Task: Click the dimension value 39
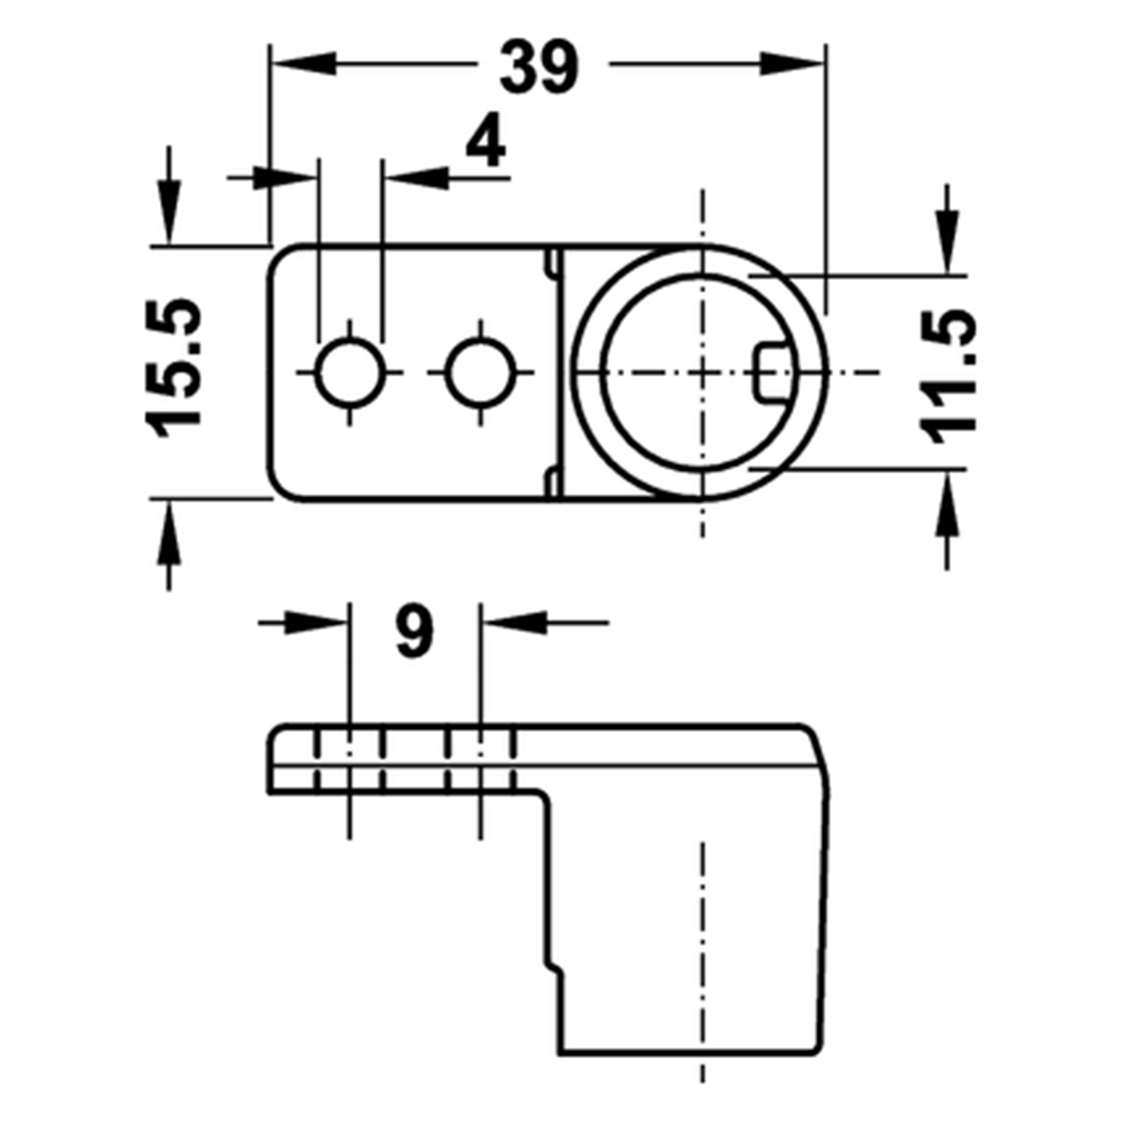539,67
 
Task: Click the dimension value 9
414,632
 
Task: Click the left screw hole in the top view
350,373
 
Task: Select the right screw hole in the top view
479,373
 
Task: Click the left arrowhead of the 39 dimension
303,63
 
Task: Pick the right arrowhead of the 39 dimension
793,63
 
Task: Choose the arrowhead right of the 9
514,622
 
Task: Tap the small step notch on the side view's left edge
554,967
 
